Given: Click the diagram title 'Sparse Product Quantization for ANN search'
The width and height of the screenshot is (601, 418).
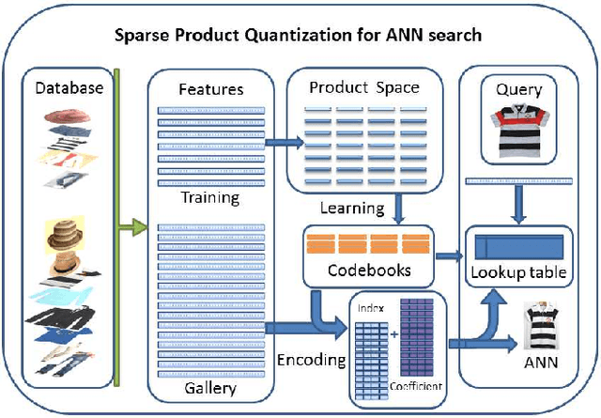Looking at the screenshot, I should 298,36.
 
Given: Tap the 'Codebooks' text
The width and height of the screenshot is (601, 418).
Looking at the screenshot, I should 356,269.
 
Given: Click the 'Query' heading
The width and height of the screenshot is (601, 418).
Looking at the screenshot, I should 518,90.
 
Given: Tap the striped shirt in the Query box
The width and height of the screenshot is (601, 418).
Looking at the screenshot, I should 518,130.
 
